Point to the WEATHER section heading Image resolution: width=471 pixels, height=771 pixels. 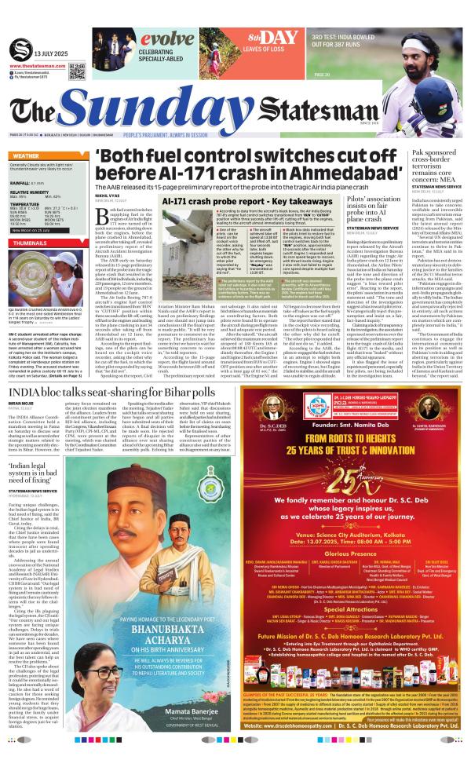click(27, 156)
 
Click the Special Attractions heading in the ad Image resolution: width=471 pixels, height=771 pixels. click(357, 586)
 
